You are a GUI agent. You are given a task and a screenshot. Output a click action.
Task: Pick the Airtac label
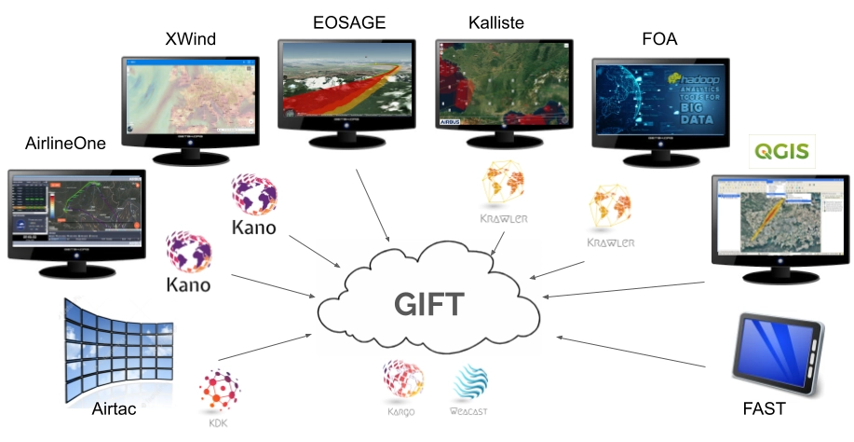pyautogui.click(x=115, y=408)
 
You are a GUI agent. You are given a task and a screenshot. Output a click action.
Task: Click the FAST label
pyautogui.click(x=764, y=408)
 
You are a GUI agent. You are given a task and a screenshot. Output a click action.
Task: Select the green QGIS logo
pyautogui.click(x=784, y=149)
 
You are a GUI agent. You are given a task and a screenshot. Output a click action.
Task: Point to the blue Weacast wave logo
pyautogui.click(x=469, y=382)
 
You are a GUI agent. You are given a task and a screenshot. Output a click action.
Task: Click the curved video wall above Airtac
pyautogui.click(x=116, y=344)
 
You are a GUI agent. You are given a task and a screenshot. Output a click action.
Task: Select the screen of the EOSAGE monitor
pyautogui.click(x=346, y=79)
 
